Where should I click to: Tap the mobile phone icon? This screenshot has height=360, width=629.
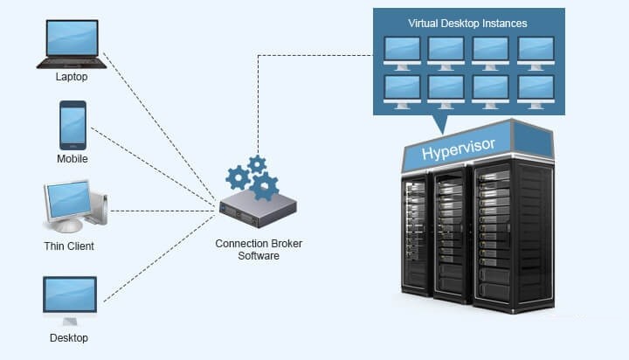[x=73, y=125]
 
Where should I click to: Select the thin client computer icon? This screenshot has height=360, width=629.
[x=73, y=204]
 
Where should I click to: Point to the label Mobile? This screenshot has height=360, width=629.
[x=73, y=159]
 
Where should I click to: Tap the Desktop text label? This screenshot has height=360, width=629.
[x=69, y=338]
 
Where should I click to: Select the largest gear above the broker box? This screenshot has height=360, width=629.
[x=264, y=185]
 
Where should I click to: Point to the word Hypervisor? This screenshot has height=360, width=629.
[x=459, y=150]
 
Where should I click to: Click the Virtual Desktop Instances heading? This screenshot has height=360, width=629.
[x=468, y=22]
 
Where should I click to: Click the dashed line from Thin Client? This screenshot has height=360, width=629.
[x=162, y=211]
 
